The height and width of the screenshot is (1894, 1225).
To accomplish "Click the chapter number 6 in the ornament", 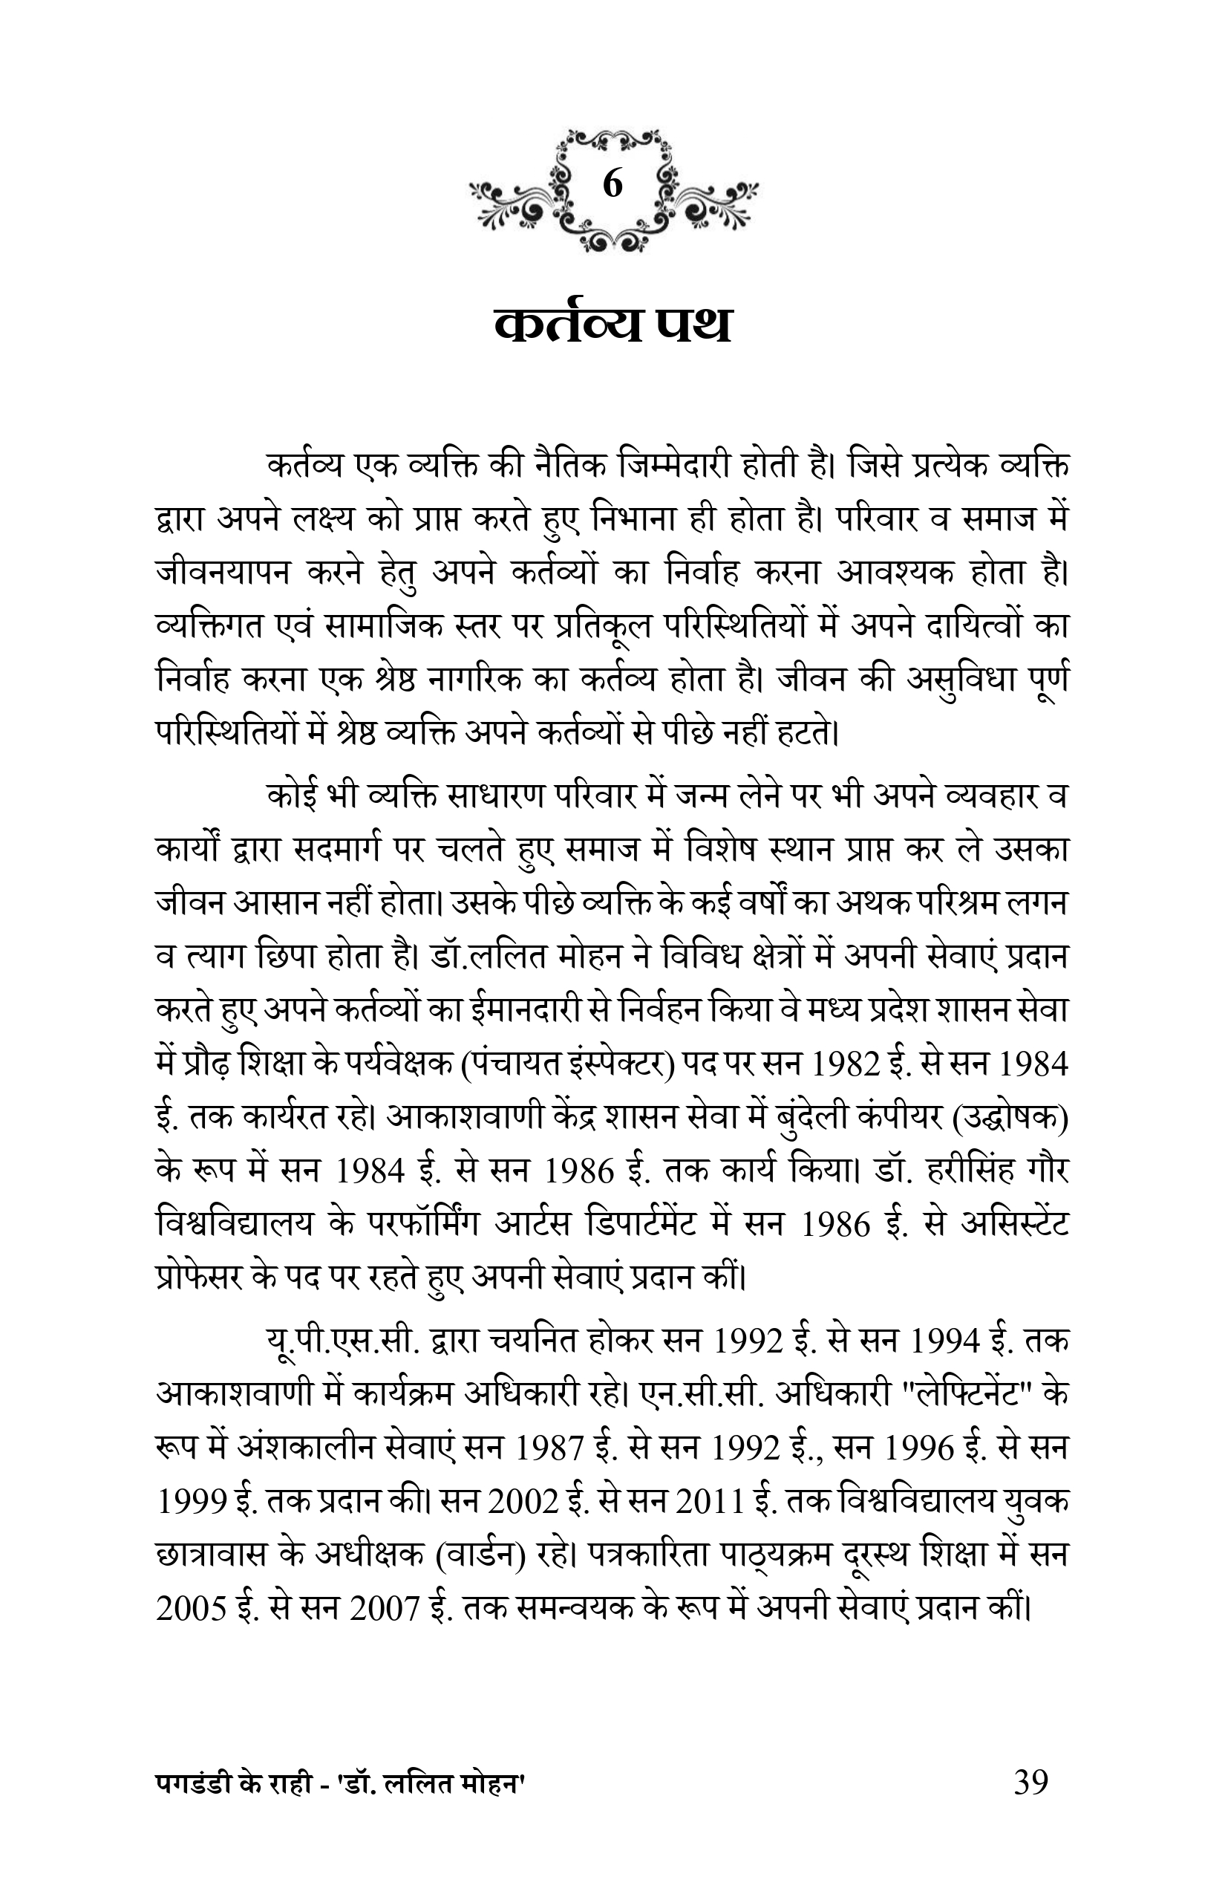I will [612, 185].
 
